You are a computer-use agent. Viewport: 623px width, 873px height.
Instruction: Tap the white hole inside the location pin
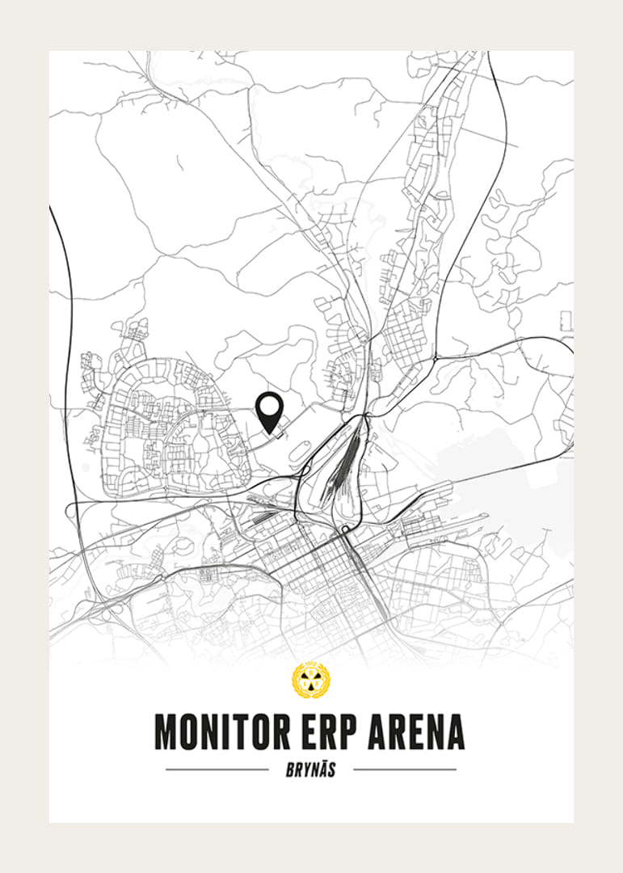[x=269, y=405]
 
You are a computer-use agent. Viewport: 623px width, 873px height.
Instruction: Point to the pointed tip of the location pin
[x=270, y=430]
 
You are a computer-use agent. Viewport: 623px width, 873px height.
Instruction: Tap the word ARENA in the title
[x=416, y=731]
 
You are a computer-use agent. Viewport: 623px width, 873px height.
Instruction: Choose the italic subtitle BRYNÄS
[x=311, y=770]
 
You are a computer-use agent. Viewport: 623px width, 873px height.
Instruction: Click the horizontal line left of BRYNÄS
[x=217, y=770]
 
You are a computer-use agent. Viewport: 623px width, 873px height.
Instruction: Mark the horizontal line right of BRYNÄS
[x=405, y=770]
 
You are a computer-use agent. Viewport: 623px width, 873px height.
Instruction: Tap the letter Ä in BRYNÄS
[x=321, y=770]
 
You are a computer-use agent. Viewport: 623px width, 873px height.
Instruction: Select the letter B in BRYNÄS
[x=290, y=770]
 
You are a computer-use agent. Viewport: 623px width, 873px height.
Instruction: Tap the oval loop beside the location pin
[x=298, y=453]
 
